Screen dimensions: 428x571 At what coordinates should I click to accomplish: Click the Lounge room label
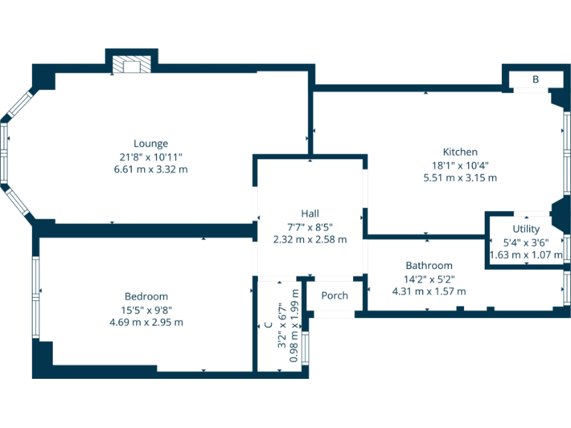(151, 143)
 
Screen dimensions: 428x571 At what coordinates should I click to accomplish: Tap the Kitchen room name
(460, 152)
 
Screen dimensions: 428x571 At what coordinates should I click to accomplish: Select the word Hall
(310, 213)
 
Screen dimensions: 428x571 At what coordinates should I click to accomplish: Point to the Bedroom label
(146, 296)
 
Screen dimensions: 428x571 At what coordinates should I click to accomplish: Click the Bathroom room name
(429, 265)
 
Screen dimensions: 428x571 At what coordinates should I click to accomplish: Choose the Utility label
(526, 229)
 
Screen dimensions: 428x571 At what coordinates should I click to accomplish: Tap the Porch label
(335, 295)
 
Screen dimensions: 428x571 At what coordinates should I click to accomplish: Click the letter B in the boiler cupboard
(535, 80)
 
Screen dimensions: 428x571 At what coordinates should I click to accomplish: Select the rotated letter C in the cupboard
(268, 325)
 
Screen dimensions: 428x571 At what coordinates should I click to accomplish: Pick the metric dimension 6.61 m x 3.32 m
(151, 169)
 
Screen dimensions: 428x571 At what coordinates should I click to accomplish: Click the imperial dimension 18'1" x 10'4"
(460, 165)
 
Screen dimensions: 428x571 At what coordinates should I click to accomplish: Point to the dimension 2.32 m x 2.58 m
(310, 239)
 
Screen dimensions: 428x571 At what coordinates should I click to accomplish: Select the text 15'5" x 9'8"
(146, 310)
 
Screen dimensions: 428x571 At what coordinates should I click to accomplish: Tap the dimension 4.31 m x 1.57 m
(429, 291)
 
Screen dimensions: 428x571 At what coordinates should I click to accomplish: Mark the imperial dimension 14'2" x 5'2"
(429, 279)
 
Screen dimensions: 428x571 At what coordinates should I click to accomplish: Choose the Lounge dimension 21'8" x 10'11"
(151, 157)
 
